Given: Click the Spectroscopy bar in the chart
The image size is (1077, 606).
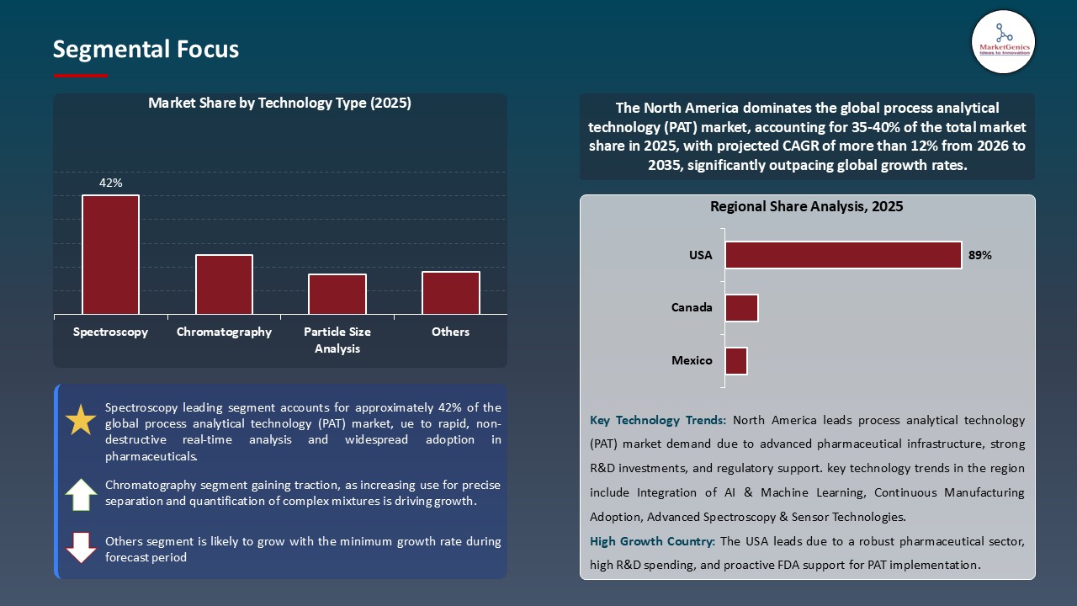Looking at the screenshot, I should (x=110, y=254).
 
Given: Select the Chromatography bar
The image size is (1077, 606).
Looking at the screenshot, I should (x=224, y=284).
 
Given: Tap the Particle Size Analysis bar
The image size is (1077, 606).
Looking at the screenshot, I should (x=337, y=294).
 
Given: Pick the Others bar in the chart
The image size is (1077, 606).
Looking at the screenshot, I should (x=451, y=293).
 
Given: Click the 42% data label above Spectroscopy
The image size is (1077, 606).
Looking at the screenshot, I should (x=111, y=183).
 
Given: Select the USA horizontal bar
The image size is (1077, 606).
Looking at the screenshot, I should (x=843, y=255).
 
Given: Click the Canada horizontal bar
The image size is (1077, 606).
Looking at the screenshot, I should (x=741, y=308).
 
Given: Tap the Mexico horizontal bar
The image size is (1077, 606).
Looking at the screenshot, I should (x=736, y=361).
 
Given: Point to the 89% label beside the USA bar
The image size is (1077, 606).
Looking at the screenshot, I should (x=980, y=255).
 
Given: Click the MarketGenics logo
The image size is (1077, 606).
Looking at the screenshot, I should (x=1003, y=41).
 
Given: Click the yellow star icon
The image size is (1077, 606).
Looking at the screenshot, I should (x=81, y=419).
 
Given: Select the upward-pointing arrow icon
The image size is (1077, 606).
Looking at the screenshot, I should (x=81, y=495).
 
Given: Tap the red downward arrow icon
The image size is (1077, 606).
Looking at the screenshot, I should (x=81, y=547).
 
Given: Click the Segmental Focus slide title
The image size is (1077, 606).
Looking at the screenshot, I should (x=146, y=50).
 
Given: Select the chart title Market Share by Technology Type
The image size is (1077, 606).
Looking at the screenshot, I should (x=279, y=104).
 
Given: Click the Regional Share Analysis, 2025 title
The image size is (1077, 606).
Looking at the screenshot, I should (x=806, y=206).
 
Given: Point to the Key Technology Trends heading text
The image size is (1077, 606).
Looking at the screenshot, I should (x=658, y=420).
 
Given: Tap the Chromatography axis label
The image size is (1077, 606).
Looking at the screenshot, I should (x=224, y=332).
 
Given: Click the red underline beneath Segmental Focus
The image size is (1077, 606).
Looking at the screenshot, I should (x=81, y=76).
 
